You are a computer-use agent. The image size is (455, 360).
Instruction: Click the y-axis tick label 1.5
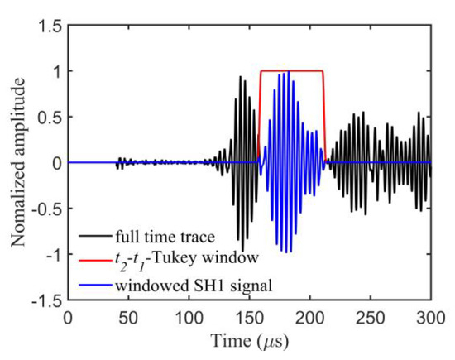tap(47, 26)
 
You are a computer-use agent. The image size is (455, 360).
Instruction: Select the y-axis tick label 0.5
tap(47, 117)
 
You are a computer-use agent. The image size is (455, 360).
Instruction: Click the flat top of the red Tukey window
tap(291, 71)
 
